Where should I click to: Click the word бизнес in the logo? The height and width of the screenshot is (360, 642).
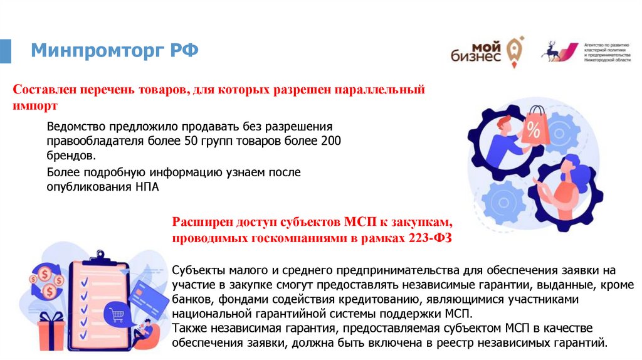(x=476, y=57)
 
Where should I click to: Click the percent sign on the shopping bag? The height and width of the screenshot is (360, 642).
(x=534, y=132)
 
